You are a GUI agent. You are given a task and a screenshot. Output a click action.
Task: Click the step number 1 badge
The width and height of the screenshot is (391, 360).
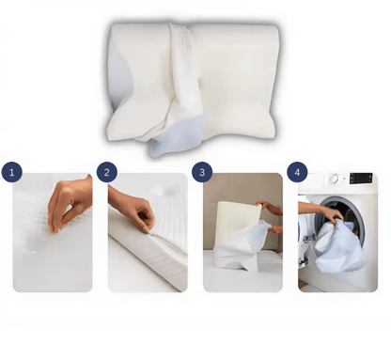pos(12,172)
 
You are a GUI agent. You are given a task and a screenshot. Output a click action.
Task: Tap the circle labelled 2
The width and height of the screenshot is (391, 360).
pos(107,172)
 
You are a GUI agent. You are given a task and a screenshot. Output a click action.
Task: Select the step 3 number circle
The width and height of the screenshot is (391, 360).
pos(202,172)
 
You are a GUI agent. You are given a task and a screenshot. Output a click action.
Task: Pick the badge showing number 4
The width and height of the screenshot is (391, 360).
pos(297,172)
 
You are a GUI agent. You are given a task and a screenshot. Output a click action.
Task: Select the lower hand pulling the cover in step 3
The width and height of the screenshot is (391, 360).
pos(275,229)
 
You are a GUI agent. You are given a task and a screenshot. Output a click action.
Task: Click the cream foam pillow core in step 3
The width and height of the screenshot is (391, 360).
pos(238,223)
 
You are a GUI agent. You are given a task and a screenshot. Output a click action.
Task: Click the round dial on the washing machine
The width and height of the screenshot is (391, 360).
pos(335,179)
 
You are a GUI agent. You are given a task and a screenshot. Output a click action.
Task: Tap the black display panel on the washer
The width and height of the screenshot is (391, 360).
pos(361,179)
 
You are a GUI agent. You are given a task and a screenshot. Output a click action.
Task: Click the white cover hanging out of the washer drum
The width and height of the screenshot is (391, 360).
pos(340,247)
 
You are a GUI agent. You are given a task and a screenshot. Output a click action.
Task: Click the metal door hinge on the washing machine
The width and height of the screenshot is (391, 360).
pos(309,238)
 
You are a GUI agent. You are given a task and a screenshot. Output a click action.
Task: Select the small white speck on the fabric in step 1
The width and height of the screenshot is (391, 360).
pos(34,252)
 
